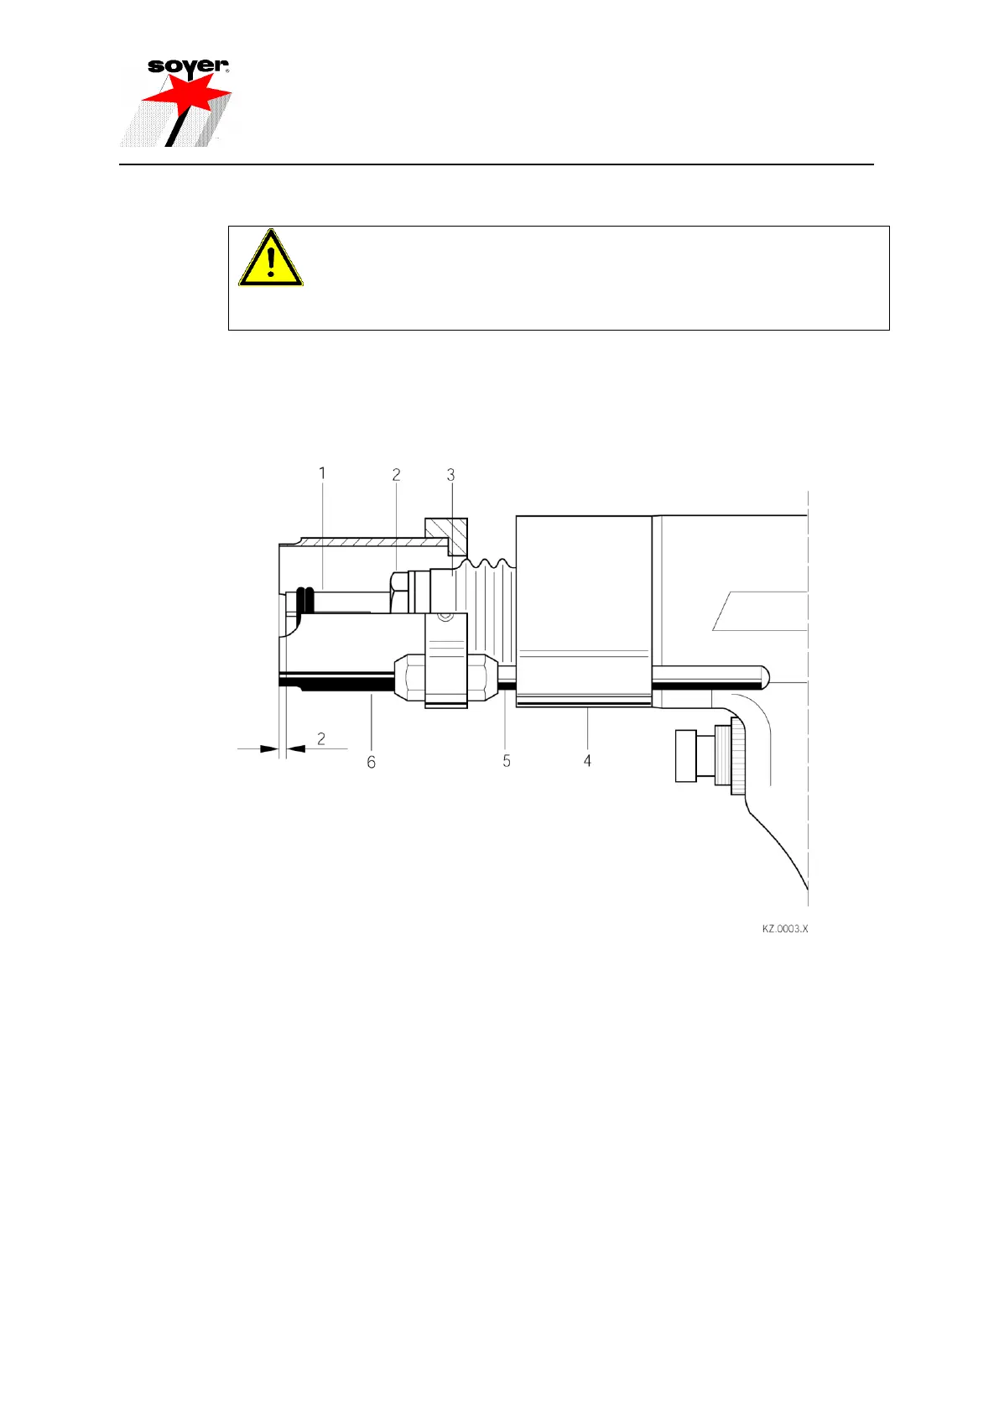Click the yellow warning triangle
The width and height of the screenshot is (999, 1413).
tap(270, 259)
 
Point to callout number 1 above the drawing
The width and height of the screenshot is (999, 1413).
tap(322, 474)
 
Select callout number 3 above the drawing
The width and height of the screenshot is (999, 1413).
tap(450, 475)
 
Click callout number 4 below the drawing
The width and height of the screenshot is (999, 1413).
tap(587, 760)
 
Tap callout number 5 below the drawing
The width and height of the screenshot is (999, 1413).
tap(507, 760)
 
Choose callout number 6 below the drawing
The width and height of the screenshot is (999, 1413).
tap(372, 761)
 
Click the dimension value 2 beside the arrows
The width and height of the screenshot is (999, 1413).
tap(321, 739)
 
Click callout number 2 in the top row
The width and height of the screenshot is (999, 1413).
tap(397, 475)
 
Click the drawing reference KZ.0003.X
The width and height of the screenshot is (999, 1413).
tap(784, 929)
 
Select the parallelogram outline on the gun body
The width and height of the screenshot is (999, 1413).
tap(760, 610)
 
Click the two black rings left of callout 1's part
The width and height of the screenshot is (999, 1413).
tap(305, 600)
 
